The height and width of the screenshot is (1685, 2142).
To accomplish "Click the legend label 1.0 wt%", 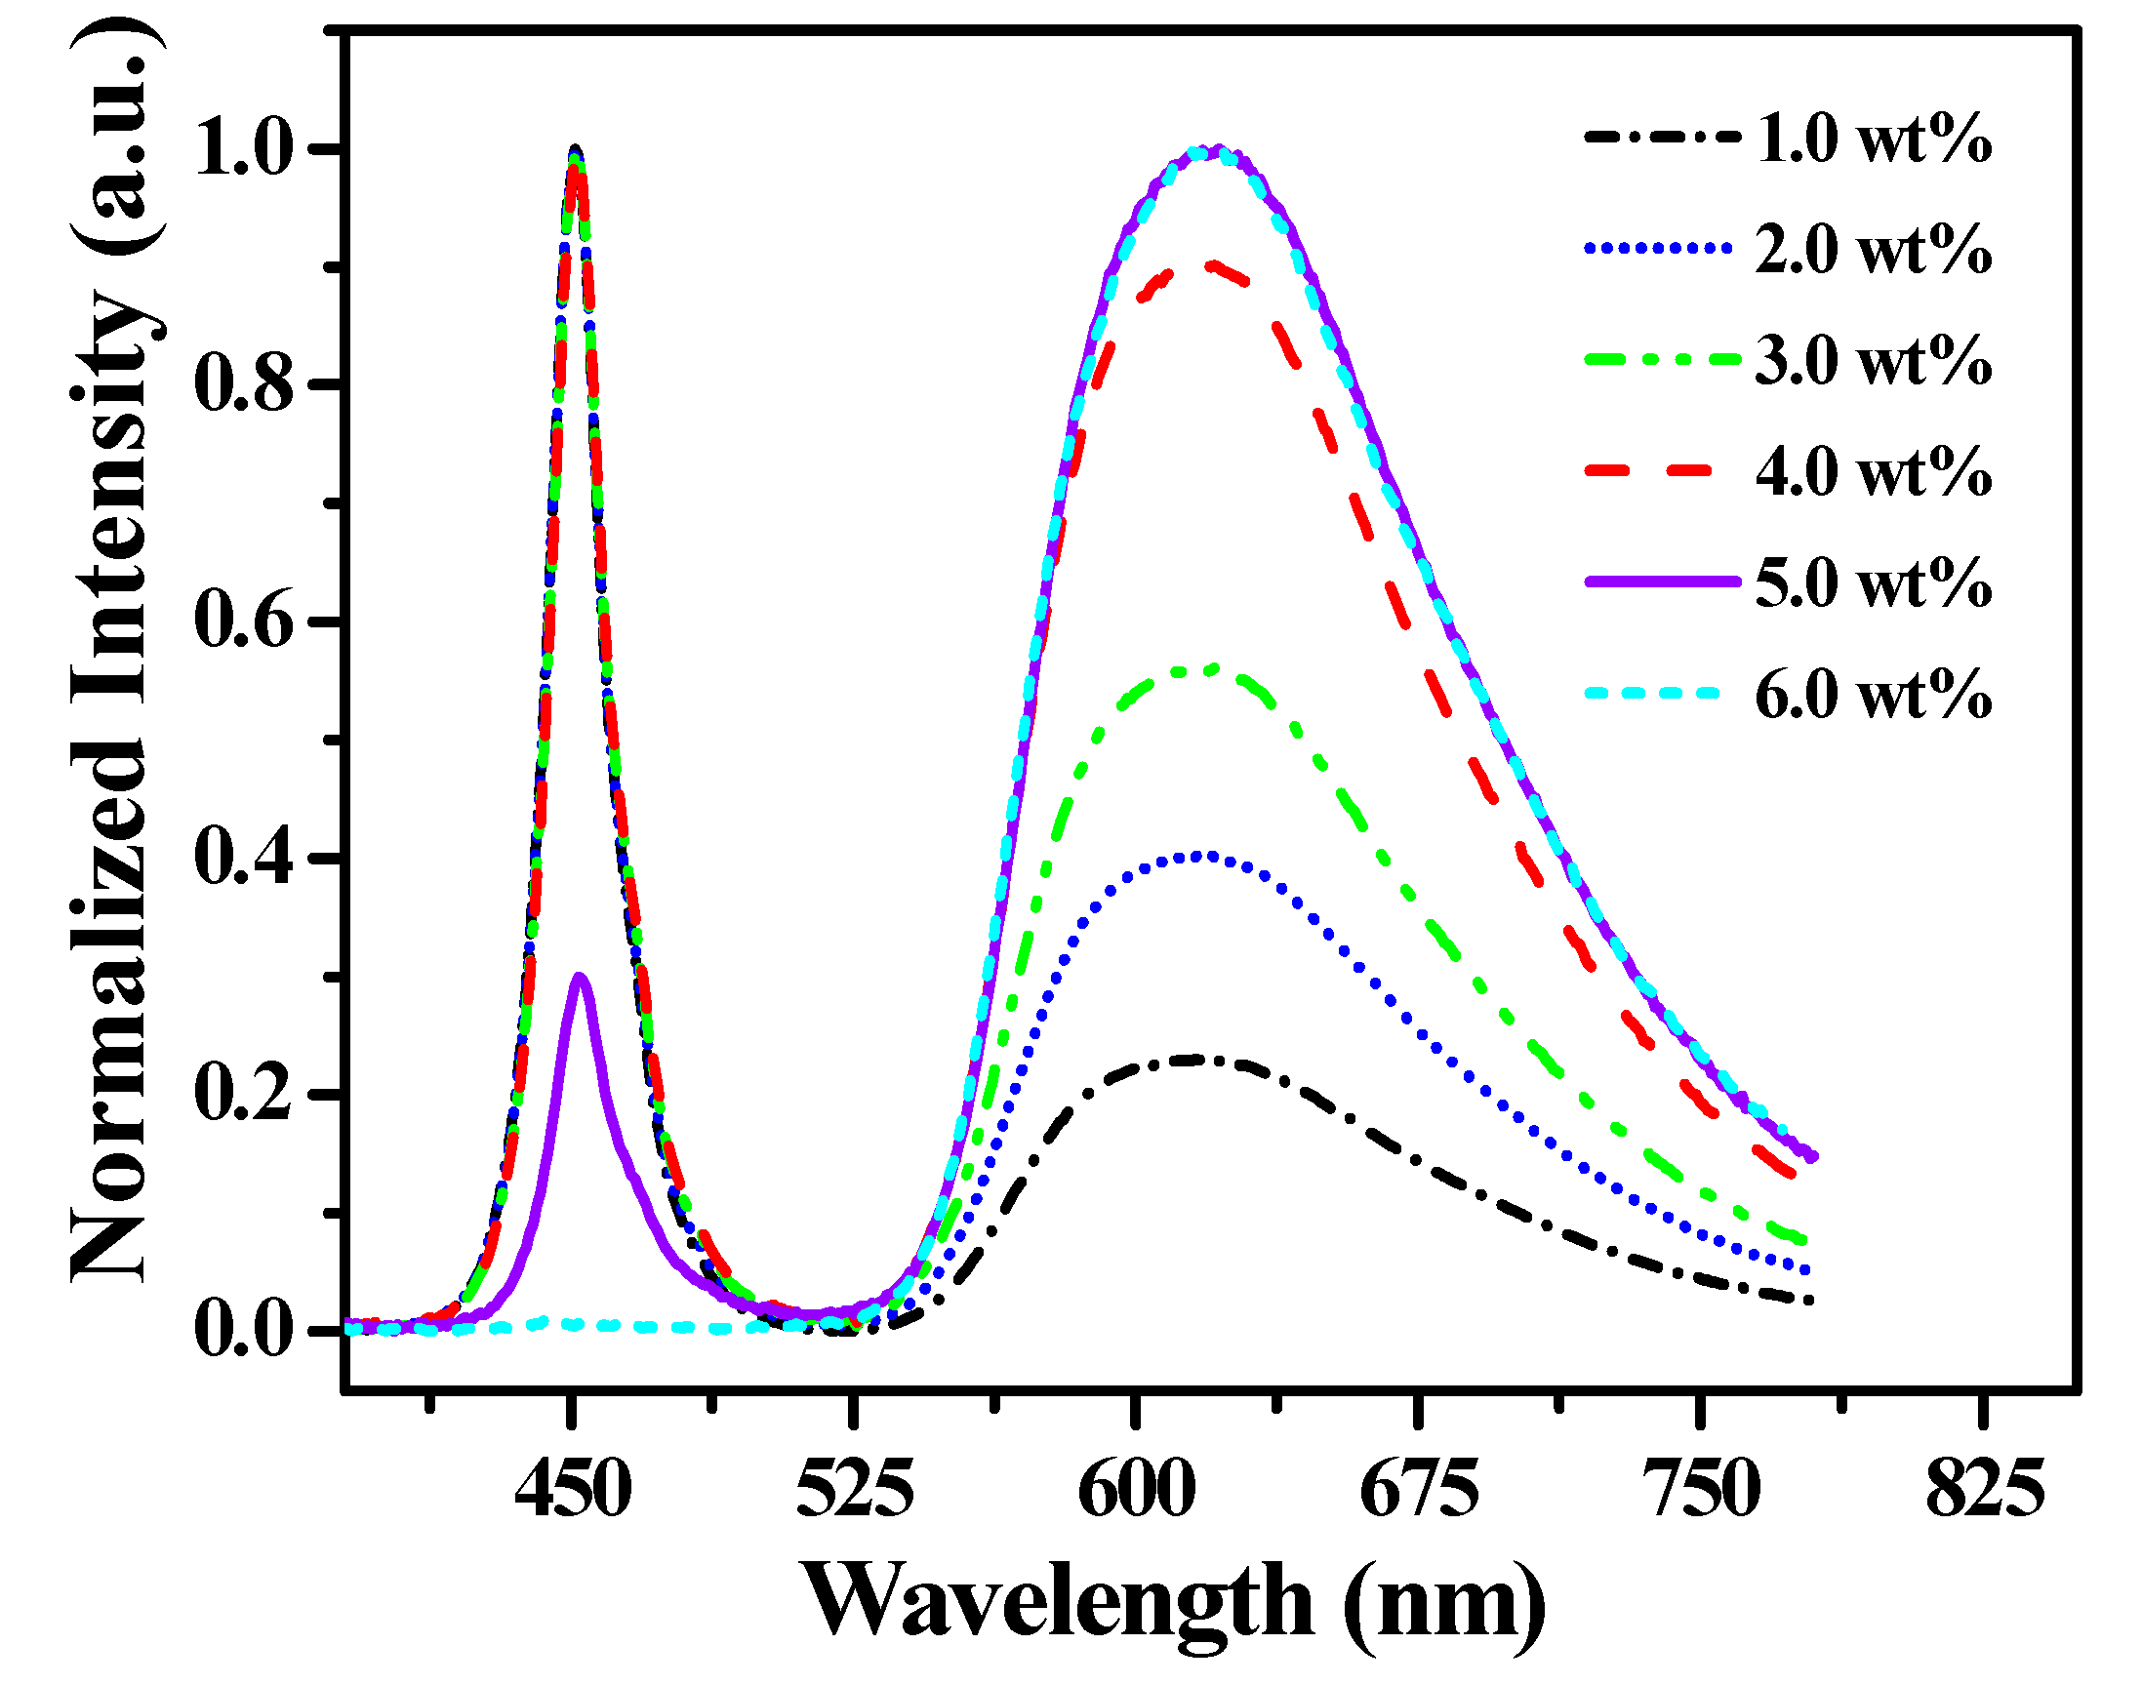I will pos(1873,140).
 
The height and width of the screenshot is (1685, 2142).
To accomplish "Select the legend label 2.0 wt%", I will pos(1873,250).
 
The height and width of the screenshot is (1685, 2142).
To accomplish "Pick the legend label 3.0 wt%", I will pos(1873,361).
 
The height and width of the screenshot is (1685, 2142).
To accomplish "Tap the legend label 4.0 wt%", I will pos(1873,472).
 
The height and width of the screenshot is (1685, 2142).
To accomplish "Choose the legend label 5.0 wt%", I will pos(1873,584).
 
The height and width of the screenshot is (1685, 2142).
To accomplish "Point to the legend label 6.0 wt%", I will pos(1873,696).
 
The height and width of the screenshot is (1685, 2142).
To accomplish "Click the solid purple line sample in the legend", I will pos(1662,582).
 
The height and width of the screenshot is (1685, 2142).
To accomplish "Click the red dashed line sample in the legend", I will pos(1662,471).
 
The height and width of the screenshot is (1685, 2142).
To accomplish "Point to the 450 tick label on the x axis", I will pos(572,1490).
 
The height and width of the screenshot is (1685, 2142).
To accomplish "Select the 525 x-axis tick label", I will pos(855,1490).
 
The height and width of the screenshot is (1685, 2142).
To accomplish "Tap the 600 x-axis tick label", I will pos(1137,1490).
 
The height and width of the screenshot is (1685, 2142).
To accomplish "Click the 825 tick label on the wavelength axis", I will pos(1984,1490).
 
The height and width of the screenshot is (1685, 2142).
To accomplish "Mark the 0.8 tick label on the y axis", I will pos(245,384).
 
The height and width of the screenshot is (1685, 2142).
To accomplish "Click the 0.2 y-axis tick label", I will pos(245,1095).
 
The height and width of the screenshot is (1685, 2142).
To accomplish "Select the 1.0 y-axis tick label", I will pos(245,150).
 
